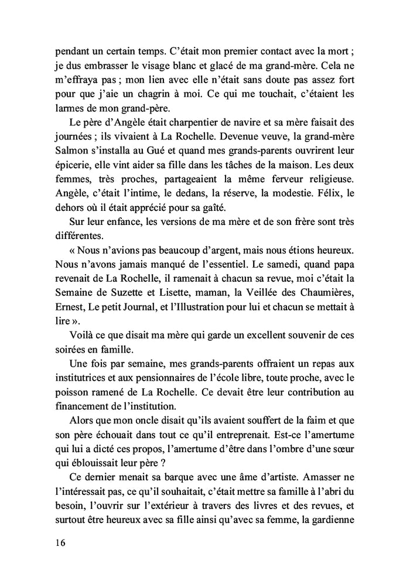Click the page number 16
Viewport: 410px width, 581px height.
pos(57,543)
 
